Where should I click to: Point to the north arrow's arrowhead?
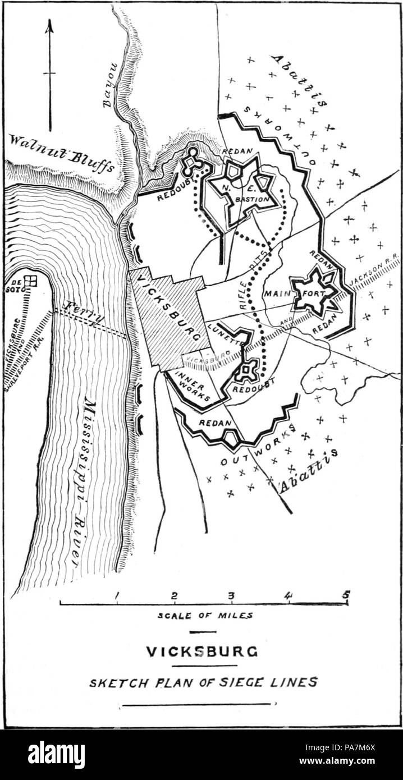tap(49, 25)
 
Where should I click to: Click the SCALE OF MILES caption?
tap(205, 615)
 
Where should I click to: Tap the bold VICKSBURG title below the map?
tap(202, 651)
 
